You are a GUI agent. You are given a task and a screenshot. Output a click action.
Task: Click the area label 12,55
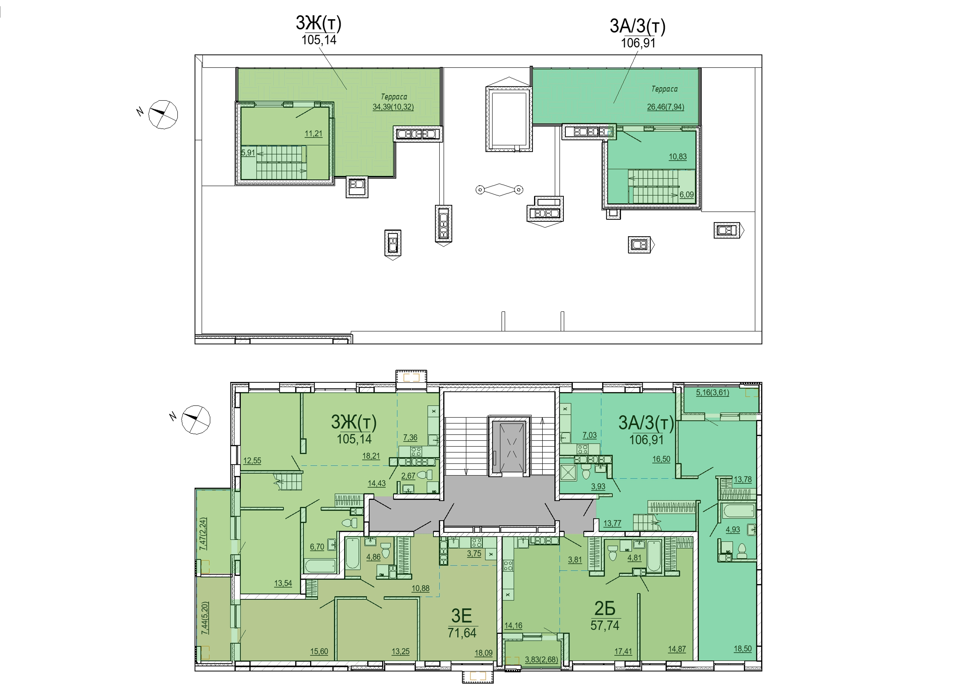point(252,461)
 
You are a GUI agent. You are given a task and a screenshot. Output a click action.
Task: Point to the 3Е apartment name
point(461,616)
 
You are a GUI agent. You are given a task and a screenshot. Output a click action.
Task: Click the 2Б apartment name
point(605,609)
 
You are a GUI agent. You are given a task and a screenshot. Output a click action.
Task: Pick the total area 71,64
point(462,632)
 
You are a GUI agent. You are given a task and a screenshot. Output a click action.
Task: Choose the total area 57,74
point(605,626)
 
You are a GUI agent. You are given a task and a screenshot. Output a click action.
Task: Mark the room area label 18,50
point(742,649)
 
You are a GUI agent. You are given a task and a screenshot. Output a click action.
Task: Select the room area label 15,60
point(319,651)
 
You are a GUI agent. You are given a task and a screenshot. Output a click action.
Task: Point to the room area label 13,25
point(401,651)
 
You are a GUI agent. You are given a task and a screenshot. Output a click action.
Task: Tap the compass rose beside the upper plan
point(163,114)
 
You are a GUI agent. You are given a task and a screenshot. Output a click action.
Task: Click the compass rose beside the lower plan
point(196,420)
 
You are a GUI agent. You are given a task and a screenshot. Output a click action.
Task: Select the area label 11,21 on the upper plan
point(314,134)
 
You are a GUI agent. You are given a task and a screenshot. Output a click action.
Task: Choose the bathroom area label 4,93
point(733,530)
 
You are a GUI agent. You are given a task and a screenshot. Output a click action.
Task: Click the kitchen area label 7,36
point(410,438)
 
